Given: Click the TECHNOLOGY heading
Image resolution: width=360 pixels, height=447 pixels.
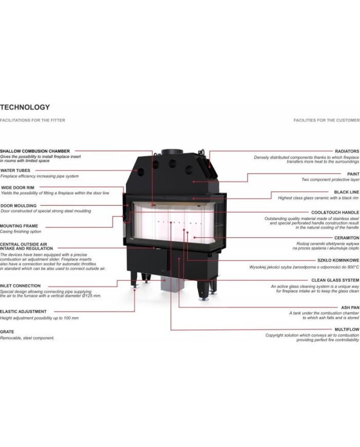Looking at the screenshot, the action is [x=25, y=107].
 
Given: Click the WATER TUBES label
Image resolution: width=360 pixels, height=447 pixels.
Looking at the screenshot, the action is [x=15, y=170].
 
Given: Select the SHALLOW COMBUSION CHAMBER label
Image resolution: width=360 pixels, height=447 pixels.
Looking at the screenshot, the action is [x=35, y=151].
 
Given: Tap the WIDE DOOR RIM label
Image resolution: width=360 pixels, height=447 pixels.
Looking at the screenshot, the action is [x=17, y=188].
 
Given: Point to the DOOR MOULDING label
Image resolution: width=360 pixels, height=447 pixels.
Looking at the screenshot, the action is [x=18, y=206].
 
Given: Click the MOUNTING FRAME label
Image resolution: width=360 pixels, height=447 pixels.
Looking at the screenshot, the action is [x=19, y=226].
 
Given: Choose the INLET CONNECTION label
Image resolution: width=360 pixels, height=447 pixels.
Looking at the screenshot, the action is [x=20, y=285].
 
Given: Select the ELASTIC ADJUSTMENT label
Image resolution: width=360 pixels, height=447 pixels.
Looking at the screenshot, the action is [x=23, y=312].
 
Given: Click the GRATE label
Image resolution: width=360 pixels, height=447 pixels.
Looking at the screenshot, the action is [x=7, y=332].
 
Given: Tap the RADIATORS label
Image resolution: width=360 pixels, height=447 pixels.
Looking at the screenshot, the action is [x=347, y=151].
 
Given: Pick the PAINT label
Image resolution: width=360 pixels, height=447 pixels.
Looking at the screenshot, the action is [x=353, y=174].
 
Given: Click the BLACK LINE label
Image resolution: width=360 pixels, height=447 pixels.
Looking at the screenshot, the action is [x=346, y=192].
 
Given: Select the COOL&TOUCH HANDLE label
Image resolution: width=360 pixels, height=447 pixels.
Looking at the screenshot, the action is [x=335, y=212].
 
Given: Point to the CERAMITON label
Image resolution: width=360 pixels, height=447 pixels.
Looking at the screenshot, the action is [x=347, y=238].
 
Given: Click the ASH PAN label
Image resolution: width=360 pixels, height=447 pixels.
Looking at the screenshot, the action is [x=350, y=308].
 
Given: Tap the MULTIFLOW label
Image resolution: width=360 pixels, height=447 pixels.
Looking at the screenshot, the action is [x=347, y=330].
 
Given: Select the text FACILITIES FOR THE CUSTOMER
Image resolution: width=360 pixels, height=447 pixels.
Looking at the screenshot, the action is [x=327, y=120].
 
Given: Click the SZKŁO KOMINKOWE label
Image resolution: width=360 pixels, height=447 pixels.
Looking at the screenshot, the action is [x=338, y=260].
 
